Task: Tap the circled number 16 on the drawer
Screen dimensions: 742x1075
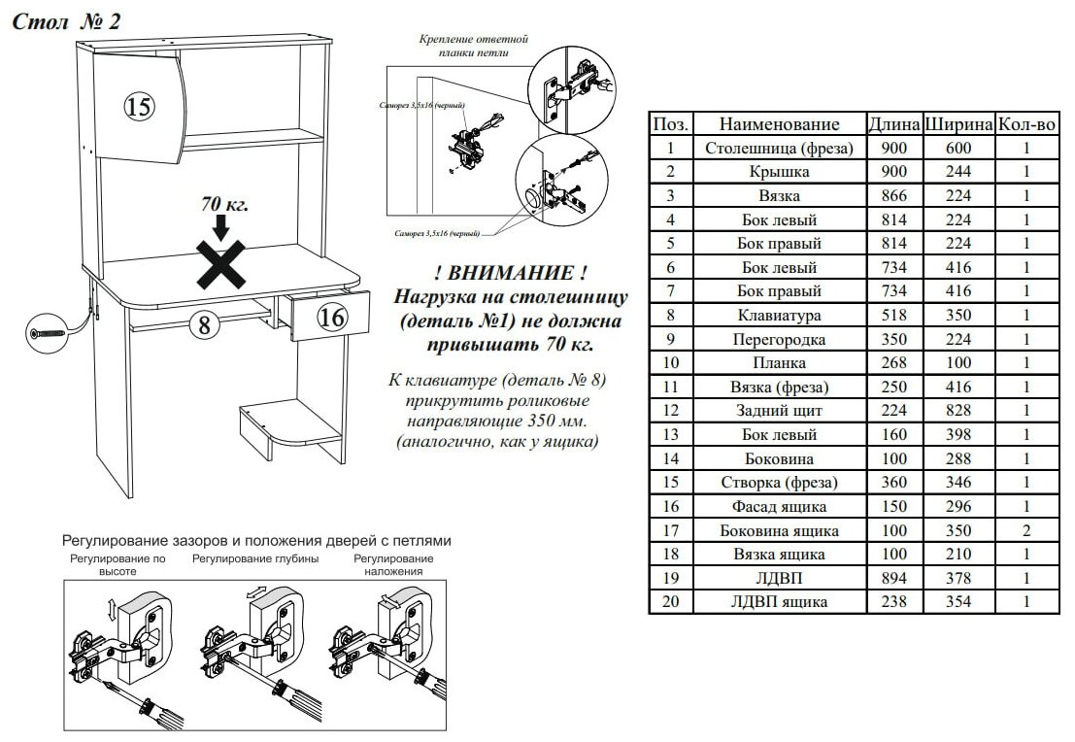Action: point(331,317)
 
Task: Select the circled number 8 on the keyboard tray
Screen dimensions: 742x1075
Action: point(203,325)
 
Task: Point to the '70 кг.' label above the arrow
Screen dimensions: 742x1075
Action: point(224,205)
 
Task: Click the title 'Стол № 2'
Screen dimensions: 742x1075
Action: point(66,22)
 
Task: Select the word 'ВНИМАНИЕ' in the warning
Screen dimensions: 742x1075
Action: point(511,272)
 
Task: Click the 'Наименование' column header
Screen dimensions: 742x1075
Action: point(779,124)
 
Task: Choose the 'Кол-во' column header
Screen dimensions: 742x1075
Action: point(1026,124)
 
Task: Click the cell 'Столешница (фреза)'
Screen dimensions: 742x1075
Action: point(779,149)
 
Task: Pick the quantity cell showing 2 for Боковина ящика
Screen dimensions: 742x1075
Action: point(1026,530)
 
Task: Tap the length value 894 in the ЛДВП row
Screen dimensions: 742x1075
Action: point(893,578)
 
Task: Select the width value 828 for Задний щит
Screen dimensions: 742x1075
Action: point(958,411)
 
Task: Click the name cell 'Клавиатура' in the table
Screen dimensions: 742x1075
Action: point(779,316)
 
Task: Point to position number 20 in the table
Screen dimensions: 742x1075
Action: point(670,602)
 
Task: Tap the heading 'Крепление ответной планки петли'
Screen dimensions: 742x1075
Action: point(474,46)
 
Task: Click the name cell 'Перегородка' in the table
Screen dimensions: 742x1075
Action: point(779,340)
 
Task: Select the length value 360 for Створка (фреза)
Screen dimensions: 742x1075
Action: point(893,483)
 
